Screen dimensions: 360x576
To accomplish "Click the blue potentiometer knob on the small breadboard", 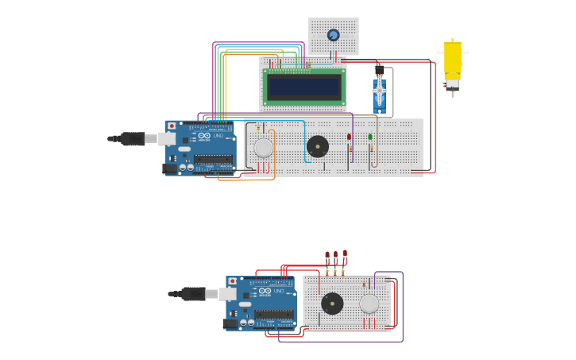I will click(333, 35).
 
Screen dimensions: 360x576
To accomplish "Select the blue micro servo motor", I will click(380, 93).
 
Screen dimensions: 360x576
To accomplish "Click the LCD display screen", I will click(303, 87).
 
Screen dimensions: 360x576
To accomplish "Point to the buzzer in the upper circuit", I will click(318, 146).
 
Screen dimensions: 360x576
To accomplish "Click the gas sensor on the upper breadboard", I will click(263, 148).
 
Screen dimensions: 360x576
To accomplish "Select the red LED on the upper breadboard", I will click(349, 137).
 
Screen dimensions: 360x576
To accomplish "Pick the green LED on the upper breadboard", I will click(370, 137).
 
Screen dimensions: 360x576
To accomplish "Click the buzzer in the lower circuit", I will click(332, 304).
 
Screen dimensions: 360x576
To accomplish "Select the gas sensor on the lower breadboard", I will click(369, 304).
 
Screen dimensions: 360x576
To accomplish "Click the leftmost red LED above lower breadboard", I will click(327, 255).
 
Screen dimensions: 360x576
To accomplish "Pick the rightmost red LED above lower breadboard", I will click(345, 254).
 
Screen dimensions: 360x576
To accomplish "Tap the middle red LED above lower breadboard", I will click(336, 254).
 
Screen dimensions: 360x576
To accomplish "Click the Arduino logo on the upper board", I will click(204, 136).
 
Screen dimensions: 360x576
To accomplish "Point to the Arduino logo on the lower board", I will click(265, 292).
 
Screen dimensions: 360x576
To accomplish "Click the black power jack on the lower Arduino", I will click(230, 323).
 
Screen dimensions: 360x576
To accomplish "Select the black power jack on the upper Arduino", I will click(169, 168).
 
